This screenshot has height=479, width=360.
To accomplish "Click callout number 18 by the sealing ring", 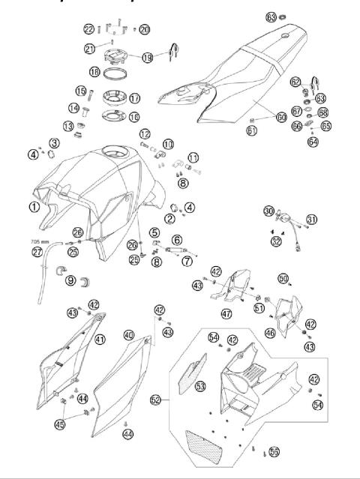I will (115, 72).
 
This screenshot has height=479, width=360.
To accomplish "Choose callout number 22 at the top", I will (89, 28).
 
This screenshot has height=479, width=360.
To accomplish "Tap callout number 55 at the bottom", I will (274, 453).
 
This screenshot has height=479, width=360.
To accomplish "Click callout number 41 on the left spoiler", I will (100, 340).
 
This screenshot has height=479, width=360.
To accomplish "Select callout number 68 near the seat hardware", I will (323, 113).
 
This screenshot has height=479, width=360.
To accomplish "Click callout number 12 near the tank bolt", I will (143, 133).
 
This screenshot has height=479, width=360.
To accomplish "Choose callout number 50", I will (283, 278).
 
